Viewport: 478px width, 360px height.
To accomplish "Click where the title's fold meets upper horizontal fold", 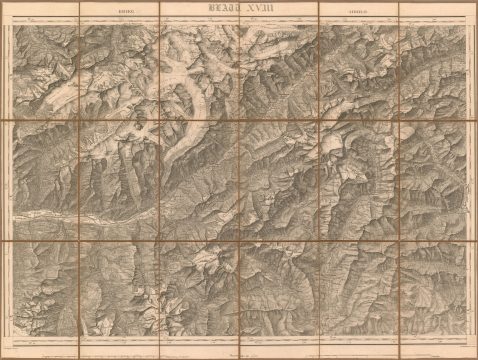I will point(240,122).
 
